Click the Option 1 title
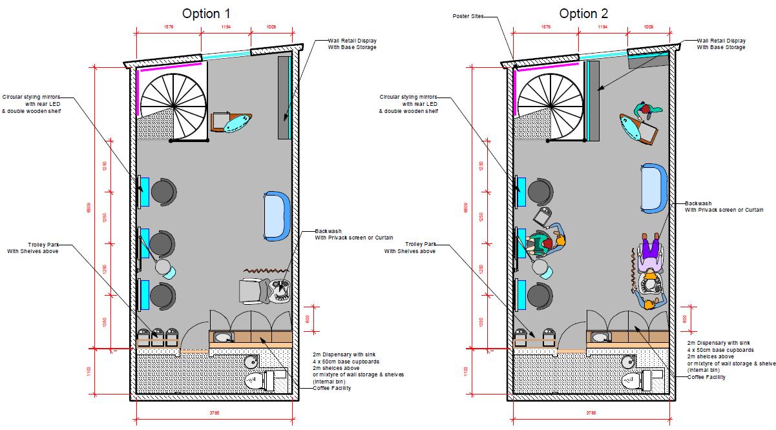click(205, 14)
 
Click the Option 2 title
click(583, 14)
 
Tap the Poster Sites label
click(468, 17)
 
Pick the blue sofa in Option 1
click(277, 216)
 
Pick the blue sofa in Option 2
click(653, 187)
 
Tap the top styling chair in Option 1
click(162, 191)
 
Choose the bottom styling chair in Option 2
click(539, 296)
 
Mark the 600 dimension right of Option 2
click(685, 319)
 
